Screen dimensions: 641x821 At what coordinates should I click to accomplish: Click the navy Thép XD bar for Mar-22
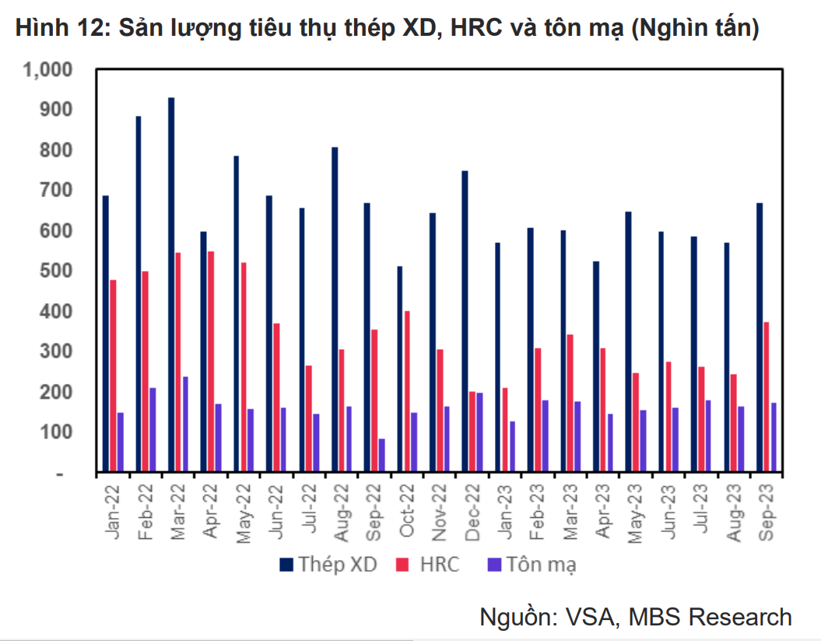171,285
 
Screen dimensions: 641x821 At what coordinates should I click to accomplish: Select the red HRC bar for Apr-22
211,362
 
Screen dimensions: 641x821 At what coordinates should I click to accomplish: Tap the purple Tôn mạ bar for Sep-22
382,456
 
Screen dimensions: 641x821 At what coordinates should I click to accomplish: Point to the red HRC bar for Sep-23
767,397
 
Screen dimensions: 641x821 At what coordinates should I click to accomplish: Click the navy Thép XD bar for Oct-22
400,370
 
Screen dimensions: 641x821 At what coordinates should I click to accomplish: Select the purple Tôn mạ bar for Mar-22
185,425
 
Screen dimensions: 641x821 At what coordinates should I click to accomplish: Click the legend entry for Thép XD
328,565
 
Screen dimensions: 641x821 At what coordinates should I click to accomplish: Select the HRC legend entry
427,565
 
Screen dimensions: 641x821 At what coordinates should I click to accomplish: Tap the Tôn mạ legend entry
530,565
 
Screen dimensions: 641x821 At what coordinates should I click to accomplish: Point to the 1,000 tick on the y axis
48,70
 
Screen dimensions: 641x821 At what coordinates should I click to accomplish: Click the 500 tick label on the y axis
58,271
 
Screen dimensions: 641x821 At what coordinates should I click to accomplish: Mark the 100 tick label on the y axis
58,432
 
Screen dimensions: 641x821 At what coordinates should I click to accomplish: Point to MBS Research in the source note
710,617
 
